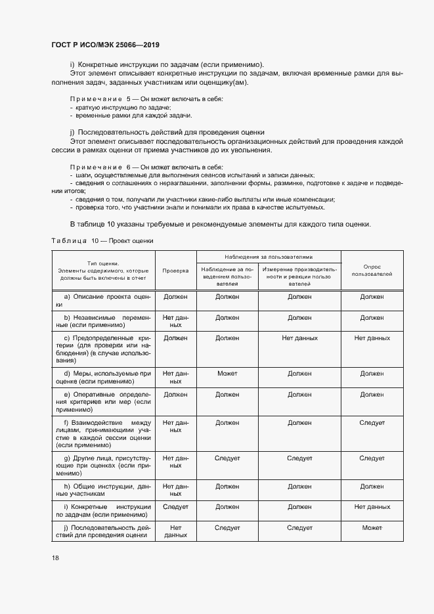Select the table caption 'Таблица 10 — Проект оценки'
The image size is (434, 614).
(102, 240)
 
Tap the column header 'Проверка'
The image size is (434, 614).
(175, 270)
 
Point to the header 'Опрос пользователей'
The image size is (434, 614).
(372, 270)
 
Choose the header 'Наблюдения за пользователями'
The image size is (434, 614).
(269, 257)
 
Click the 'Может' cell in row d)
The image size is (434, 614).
(227, 373)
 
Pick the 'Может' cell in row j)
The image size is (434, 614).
(372, 527)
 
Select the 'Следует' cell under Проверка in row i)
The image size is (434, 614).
(175, 507)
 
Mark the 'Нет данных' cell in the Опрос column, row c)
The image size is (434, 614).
(372, 338)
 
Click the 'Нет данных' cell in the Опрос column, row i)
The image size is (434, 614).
(372, 507)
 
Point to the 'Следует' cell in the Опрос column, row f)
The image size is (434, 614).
(372, 423)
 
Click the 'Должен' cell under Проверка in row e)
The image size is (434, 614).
(175, 394)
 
